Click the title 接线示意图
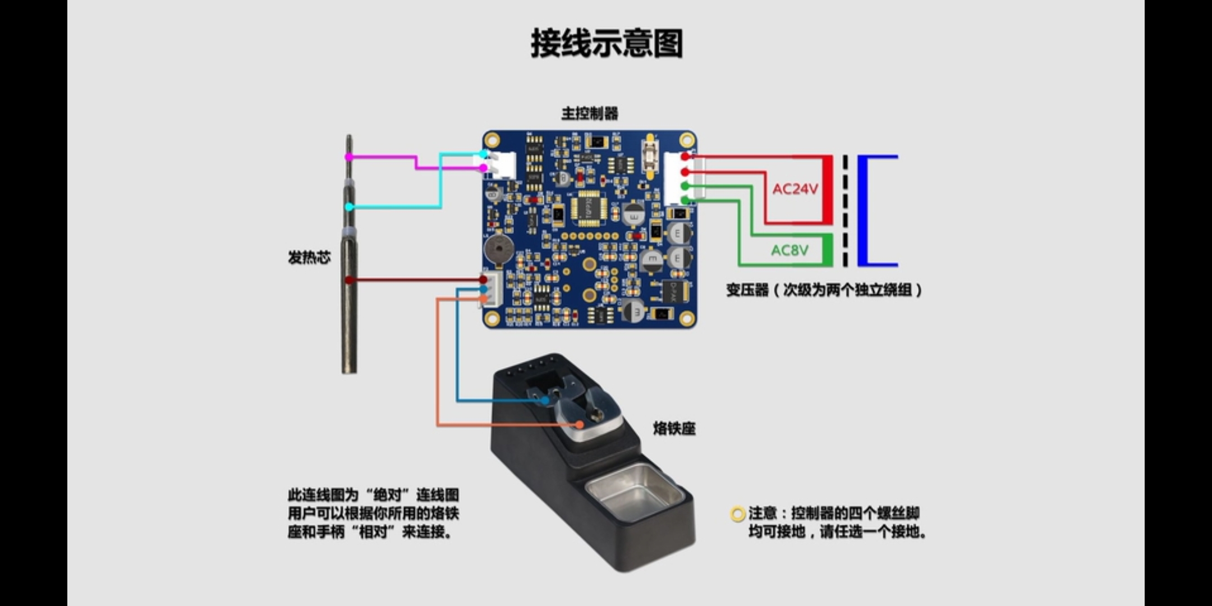click(x=607, y=44)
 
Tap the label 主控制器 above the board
click(x=590, y=114)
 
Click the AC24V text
click(x=795, y=189)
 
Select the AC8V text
click(x=789, y=250)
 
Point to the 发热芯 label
click(x=309, y=258)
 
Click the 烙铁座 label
click(x=674, y=429)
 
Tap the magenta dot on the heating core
click(x=349, y=157)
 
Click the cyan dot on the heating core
click(x=349, y=207)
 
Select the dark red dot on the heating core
click(x=349, y=279)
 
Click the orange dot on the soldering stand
click(x=580, y=425)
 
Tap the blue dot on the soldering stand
click(x=545, y=401)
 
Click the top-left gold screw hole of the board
click(x=492, y=140)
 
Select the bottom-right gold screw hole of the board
click(x=687, y=319)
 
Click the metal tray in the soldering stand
click(x=634, y=493)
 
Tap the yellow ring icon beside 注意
click(x=737, y=514)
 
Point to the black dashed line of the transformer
click(x=845, y=210)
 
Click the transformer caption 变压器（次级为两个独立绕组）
click(x=824, y=290)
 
